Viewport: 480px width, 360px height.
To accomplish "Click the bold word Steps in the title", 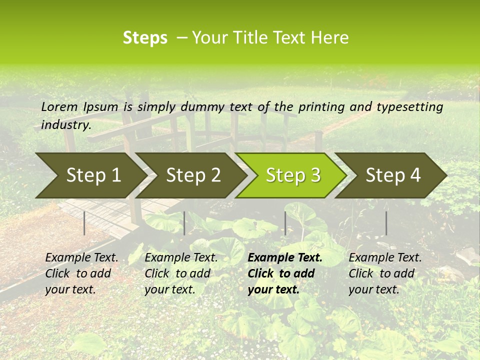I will coord(145,38).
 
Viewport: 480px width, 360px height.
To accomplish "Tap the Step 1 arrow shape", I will coord(90,175).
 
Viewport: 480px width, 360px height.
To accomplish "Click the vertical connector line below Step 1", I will coord(84,223).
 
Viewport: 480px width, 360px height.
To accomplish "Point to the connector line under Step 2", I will coord(184,223).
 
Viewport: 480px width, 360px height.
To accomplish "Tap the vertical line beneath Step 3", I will coord(285,223).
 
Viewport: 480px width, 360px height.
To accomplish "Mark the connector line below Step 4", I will coord(386,223).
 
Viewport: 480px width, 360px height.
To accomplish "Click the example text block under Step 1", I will coord(81,273).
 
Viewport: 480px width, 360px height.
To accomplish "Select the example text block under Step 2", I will coord(181,273).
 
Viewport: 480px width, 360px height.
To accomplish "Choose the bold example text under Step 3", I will coord(284,273).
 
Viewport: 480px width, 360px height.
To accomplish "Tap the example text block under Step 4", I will coord(385,273).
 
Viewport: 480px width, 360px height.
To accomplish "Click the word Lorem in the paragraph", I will coord(59,107).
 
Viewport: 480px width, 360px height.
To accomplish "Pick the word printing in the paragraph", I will coord(318,107).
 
